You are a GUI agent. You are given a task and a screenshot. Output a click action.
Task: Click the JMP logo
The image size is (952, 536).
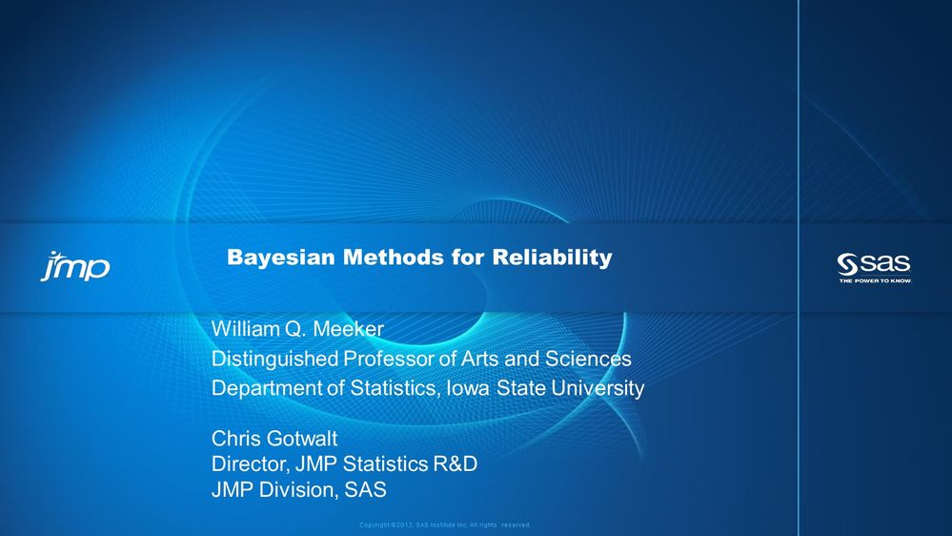(x=74, y=266)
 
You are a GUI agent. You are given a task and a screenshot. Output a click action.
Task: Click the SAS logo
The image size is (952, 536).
(x=874, y=263)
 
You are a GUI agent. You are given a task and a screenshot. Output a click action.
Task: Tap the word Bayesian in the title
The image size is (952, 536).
(x=272, y=258)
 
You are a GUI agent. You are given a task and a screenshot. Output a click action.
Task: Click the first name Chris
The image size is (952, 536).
(x=233, y=439)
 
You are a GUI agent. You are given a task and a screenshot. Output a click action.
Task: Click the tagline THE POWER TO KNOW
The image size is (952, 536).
(x=875, y=280)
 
